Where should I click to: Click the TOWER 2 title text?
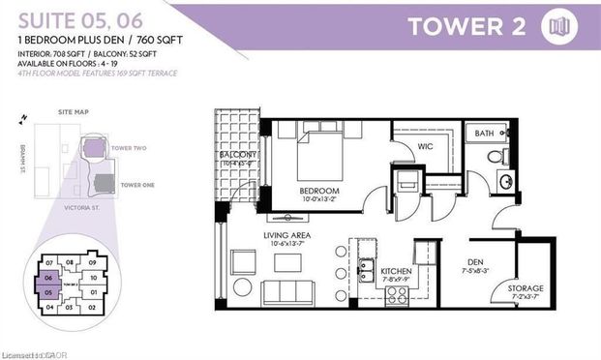(x=466, y=26)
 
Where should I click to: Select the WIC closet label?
(x=425, y=148)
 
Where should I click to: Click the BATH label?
(x=484, y=134)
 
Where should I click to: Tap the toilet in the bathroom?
(x=495, y=156)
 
